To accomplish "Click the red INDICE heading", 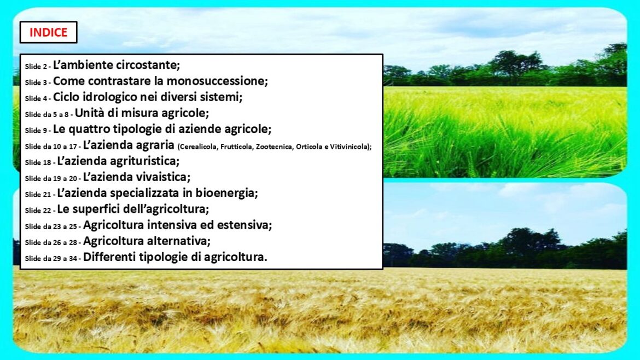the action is tap(48, 32).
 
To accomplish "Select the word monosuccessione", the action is tap(217, 81).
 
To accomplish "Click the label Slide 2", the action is tap(36, 67).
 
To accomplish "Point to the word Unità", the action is tap(89, 113).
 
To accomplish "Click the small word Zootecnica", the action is tap(274, 147).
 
